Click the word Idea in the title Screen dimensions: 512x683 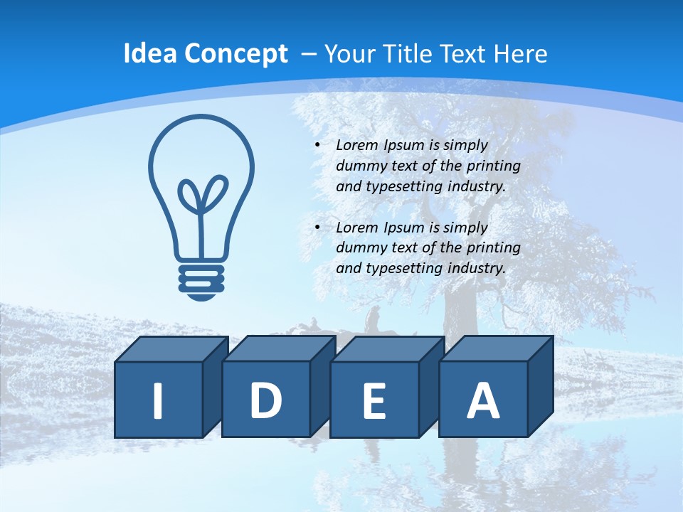click(148, 54)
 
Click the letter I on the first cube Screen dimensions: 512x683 click(158, 401)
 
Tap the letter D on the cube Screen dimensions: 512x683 click(265, 401)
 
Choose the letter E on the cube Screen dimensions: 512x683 click(374, 402)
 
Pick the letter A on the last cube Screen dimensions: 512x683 click(482, 401)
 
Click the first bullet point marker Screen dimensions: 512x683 click(317, 145)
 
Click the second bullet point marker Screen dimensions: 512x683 click(317, 228)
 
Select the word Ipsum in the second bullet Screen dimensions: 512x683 click(404, 228)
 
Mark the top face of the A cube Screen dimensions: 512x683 click(496, 348)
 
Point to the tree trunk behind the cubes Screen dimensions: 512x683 click(455, 299)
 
